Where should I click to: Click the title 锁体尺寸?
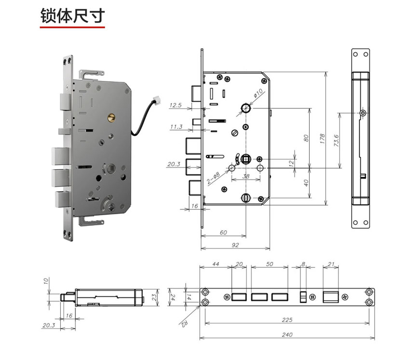pos(73,16)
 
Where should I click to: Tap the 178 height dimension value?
pos(322,138)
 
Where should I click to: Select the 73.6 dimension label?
pos(337,140)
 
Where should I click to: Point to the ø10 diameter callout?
pos(258,93)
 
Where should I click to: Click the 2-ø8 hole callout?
pos(214,178)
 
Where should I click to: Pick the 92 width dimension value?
pos(235,245)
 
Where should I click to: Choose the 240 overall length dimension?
pos(287,334)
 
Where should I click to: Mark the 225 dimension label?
pos(287,320)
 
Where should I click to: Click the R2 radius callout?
pos(184,323)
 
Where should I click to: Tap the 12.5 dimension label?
pos(175,105)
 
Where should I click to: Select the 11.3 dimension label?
pos(176,127)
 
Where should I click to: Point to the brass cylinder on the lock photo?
pos(111,118)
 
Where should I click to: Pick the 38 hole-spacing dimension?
pos(246,176)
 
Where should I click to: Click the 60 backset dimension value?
pos(223,232)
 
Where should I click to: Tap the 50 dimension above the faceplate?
pos(269,264)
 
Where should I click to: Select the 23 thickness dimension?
pos(154,297)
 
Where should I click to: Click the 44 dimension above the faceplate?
pos(216,264)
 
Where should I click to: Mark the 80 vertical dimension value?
pos(306,138)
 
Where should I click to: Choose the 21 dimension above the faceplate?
pos(331,264)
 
